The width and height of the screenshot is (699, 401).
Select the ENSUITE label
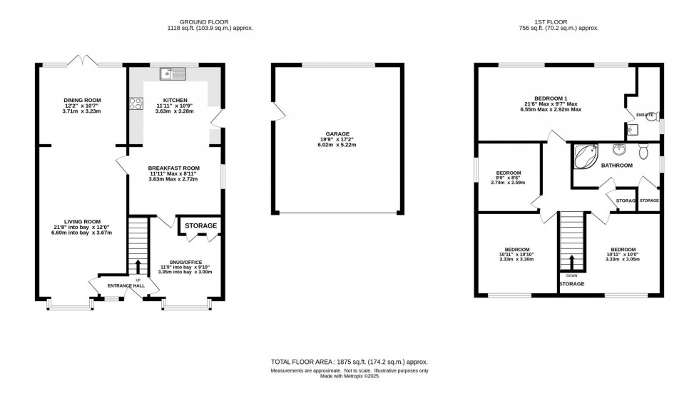pyautogui.click(x=645, y=114)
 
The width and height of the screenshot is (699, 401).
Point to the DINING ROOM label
pyautogui.click(x=81, y=100)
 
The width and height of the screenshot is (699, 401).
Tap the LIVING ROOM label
pyautogui.click(x=81, y=221)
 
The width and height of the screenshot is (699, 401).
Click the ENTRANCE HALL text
pyautogui.click(x=127, y=285)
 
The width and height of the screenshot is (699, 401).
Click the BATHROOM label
pyautogui.click(x=616, y=166)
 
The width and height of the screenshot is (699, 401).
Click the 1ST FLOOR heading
pyautogui.click(x=558, y=21)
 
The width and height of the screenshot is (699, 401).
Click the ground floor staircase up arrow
pyautogui.click(x=138, y=266)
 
